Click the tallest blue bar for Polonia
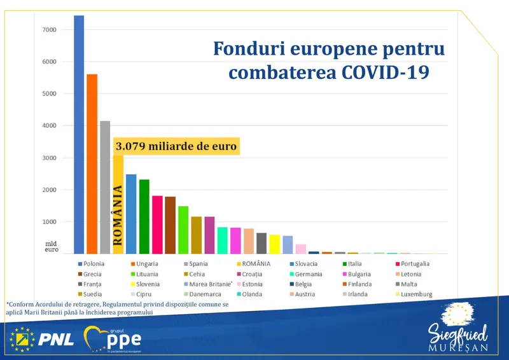click(79, 134)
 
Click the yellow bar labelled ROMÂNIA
click(118, 204)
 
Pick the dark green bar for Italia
click(144, 216)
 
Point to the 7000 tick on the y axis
click(50, 30)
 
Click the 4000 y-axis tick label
click(50, 126)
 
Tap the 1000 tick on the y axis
click(50, 222)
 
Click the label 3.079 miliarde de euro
click(176, 146)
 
